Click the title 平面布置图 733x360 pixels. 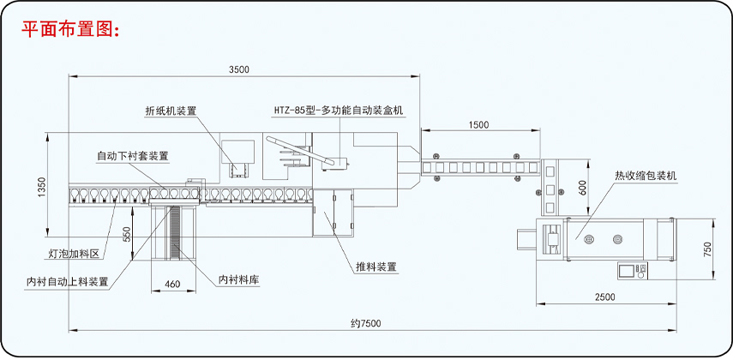click(x=72, y=29)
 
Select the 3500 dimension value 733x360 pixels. click(x=240, y=69)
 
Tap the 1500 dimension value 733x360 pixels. click(x=479, y=124)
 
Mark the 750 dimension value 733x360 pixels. click(x=707, y=249)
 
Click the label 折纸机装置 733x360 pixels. click(x=171, y=111)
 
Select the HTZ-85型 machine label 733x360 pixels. click(x=338, y=111)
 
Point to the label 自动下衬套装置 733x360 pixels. click(x=132, y=156)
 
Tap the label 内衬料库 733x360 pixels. click(x=238, y=279)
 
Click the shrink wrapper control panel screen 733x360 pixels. click(x=625, y=270)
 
